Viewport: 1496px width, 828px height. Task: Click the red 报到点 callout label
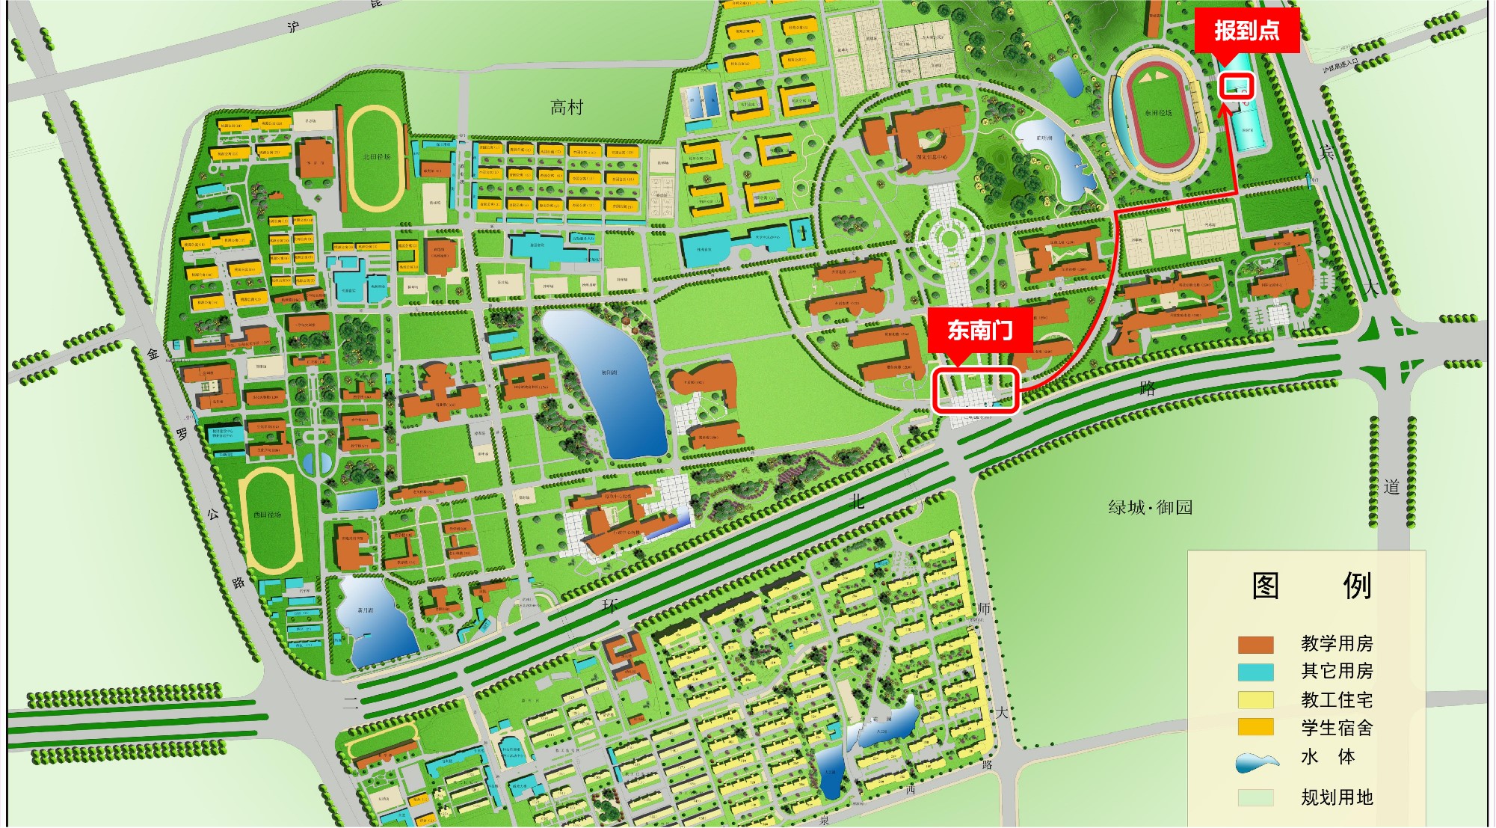1246,31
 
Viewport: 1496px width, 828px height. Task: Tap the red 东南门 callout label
980,330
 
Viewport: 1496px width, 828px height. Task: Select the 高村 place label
566,108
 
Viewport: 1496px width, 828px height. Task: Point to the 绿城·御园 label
1150,508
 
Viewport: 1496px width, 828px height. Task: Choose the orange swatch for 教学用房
1255,645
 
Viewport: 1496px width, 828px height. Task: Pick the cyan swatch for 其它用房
1255,672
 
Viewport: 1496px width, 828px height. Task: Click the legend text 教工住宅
1337,700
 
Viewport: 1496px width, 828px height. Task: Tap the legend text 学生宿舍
1337,728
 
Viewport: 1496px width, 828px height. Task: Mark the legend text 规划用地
1337,797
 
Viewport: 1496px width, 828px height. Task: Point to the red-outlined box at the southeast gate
976,390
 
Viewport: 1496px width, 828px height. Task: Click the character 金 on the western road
153,354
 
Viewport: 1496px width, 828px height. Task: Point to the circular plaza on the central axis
949,239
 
